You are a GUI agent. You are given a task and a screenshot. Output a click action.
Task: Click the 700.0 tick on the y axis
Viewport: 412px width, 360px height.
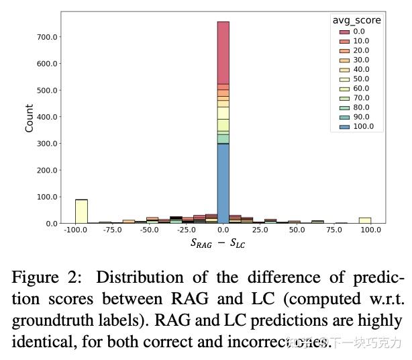[47, 37]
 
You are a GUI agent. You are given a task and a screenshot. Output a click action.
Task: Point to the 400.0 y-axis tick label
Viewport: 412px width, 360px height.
[47, 117]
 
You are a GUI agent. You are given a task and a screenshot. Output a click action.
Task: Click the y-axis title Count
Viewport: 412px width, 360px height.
[29, 118]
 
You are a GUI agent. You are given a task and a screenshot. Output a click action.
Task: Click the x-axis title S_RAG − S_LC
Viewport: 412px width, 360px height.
[218, 243]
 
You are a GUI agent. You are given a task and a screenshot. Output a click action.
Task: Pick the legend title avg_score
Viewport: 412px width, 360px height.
[356, 20]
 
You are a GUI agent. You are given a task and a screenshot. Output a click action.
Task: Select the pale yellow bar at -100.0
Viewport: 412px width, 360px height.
[81, 211]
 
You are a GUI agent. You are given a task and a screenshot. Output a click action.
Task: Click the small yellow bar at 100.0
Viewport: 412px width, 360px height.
[365, 220]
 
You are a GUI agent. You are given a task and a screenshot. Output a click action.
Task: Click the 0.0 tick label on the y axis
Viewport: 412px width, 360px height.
[51, 224]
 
